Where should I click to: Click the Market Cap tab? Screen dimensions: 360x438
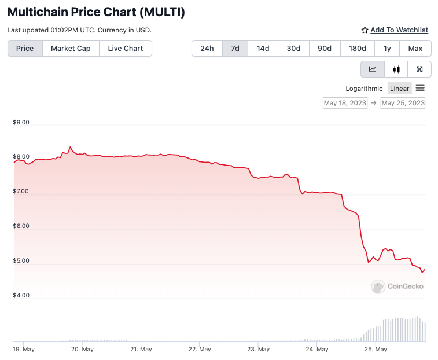(x=71, y=49)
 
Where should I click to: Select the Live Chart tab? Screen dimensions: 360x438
(x=125, y=49)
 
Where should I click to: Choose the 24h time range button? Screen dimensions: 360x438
(x=207, y=49)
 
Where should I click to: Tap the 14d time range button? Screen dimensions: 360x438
(x=263, y=49)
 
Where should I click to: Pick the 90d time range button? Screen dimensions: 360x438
(x=325, y=49)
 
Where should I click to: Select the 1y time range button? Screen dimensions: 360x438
(x=387, y=49)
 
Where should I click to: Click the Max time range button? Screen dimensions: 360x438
(x=415, y=49)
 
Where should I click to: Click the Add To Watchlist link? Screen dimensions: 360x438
(x=399, y=30)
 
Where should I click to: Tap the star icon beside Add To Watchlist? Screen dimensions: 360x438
(x=365, y=30)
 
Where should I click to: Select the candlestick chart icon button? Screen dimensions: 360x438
(x=396, y=69)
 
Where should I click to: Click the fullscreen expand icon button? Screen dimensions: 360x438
(x=419, y=69)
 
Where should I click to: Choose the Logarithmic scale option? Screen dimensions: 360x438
(x=364, y=89)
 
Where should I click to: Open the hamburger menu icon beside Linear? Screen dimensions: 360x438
(x=420, y=88)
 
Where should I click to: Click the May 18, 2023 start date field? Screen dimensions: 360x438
(x=345, y=103)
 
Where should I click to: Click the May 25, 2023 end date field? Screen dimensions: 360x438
(x=403, y=103)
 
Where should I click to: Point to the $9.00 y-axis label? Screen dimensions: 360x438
(x=21, y=123)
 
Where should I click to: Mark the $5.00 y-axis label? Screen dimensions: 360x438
(x=21, y=261)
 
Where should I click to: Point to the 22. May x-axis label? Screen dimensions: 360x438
(x=200, y=350)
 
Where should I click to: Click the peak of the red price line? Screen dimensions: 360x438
(x=70, y=147)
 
